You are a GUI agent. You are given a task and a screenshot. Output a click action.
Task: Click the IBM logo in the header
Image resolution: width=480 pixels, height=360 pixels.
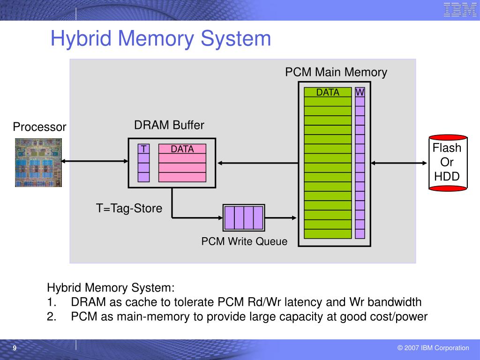(x=460, y=9)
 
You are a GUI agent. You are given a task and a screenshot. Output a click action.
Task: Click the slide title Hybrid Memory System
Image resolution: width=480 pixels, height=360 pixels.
(x=161, y=38)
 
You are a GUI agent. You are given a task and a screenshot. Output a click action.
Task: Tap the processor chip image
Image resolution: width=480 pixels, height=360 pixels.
(x=38, y=163)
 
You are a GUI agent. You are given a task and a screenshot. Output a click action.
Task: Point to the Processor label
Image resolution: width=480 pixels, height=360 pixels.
(x=39, y=127)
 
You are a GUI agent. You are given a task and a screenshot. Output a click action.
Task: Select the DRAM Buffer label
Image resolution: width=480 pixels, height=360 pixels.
(x=169, y=125)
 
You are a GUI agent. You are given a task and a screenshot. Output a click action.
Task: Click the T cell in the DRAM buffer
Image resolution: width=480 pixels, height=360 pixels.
(x=143, y=149)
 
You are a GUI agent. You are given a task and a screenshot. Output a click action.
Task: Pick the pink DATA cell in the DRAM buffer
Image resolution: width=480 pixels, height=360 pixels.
(x=182, y=149)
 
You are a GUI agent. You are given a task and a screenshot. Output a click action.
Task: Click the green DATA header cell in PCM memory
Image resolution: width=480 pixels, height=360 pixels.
(x=328, y=92)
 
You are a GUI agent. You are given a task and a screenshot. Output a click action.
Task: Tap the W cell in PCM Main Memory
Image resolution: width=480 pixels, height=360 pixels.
(x=360, y=92)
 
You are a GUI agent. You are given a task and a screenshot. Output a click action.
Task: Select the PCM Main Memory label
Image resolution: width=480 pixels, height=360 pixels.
(x=336, y=72)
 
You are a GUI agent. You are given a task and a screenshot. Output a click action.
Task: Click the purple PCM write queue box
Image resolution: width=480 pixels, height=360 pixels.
(x=244, y=217)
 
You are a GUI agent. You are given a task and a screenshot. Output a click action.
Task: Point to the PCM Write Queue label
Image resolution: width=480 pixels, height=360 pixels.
(x=244, y=241)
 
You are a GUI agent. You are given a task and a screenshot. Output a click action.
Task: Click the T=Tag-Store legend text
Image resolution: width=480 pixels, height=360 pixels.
(x=129, y=208)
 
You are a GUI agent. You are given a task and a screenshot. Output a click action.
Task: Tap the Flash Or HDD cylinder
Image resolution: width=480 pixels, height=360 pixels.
(x=448, y=163)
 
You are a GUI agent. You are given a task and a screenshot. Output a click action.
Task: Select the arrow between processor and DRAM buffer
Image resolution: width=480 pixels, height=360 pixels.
(x=95, y=161)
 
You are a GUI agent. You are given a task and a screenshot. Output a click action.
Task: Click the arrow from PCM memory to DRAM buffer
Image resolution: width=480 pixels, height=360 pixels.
(x=258, y=163)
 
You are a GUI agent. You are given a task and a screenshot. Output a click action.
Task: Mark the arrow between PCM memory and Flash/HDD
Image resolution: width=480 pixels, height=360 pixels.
(x=399, y=163)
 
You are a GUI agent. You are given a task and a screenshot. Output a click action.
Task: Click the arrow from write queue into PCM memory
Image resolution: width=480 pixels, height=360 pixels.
(x=281, y=218)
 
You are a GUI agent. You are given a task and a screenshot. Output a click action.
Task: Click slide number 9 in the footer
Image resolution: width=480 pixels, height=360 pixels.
(x=15, y=348)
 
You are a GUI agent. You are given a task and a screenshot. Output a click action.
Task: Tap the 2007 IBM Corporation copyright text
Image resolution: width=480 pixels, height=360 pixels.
(x=433, y=348)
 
